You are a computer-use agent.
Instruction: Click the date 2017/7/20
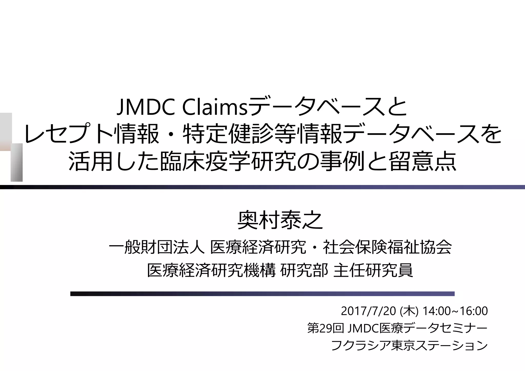368,311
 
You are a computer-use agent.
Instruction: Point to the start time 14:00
436,311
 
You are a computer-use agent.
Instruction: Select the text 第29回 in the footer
325,328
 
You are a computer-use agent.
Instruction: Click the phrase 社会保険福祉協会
387,248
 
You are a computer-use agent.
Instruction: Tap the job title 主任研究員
373,270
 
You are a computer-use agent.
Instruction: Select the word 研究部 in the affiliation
304,270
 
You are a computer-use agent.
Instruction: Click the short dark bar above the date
262,294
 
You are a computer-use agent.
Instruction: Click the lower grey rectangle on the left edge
16,162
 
